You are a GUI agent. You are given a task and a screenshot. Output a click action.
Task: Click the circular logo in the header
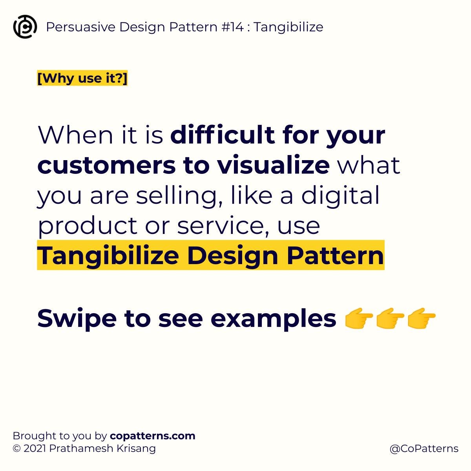[25, 27]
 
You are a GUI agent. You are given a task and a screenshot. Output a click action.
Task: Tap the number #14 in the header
[235, 27]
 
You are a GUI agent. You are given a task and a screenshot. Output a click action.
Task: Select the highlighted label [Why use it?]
[82, 78]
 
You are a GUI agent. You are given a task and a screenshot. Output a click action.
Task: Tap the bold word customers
[106, 165]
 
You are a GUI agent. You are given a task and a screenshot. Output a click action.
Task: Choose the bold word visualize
[274, 165]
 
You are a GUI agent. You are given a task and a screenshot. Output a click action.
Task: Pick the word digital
[340, 195]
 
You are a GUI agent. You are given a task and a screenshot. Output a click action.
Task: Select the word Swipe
[77, 318]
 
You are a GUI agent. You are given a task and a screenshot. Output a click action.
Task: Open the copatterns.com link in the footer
[153, 436]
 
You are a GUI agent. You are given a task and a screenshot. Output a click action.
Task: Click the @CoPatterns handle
[424, 449]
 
